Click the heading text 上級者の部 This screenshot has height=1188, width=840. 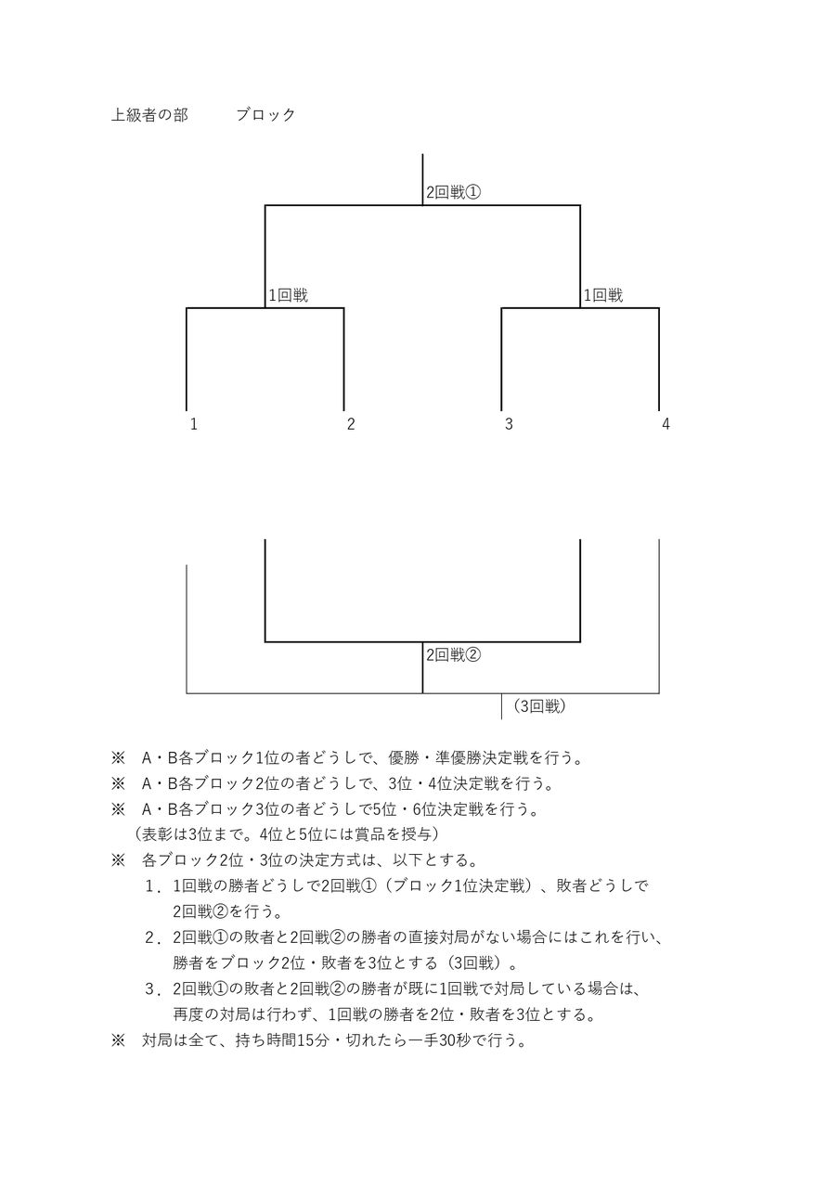[x=149, y=115]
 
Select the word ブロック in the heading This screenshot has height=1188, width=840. [x=265, y=115]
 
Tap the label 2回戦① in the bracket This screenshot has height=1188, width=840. [x=453, y=193]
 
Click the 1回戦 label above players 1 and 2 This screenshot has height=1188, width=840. [x=288, y=296]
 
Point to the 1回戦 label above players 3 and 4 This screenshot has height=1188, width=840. [x=602, y=296]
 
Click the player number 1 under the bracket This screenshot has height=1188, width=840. [x=193, y=424]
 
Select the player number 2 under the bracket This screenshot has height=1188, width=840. [x=351, y=424]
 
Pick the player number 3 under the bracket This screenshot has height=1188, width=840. [x=508, y=424]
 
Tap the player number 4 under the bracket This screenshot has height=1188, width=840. [x=666, y=424]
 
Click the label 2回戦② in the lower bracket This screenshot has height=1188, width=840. [x=453, y=654]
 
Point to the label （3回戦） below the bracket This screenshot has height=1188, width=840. [x=538, y=706]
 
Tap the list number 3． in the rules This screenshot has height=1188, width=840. [x=153, y=989]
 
